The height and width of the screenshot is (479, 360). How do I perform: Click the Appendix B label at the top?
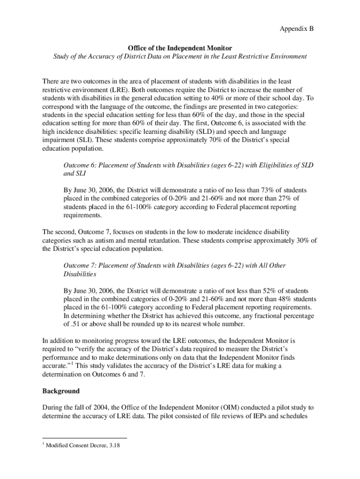296,29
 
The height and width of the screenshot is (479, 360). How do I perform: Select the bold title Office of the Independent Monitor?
180,48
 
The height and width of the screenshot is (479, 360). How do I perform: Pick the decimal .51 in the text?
72,325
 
